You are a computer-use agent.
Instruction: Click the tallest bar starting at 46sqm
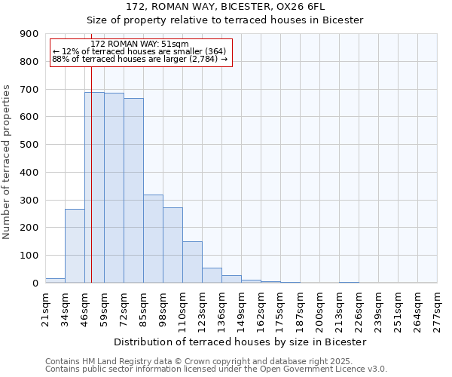(x=94, y=187)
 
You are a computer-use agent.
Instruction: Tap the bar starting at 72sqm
(x=133, y=190)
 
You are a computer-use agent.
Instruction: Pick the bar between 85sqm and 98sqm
(x=153, y=238)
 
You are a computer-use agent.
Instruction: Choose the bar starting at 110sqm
(x=192, y=262)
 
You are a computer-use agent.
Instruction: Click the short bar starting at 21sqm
(x=55, y=280)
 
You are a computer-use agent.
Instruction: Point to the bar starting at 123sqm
(x=212, y=275)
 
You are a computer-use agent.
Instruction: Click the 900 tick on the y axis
(x=29, y=34)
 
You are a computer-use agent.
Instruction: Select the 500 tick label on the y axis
(x=29, y=145)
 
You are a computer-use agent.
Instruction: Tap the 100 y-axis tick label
(x=29, y=256)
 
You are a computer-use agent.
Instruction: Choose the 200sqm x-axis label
(x=319, y=308)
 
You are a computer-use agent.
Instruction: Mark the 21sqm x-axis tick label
(x=45, y=308)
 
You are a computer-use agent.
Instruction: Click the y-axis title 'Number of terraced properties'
(x=7, y=162)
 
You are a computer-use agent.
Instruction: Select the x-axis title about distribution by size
(x=241, y=342)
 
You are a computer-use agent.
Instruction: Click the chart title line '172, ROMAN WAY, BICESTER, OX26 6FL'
(x=225, y=7)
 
